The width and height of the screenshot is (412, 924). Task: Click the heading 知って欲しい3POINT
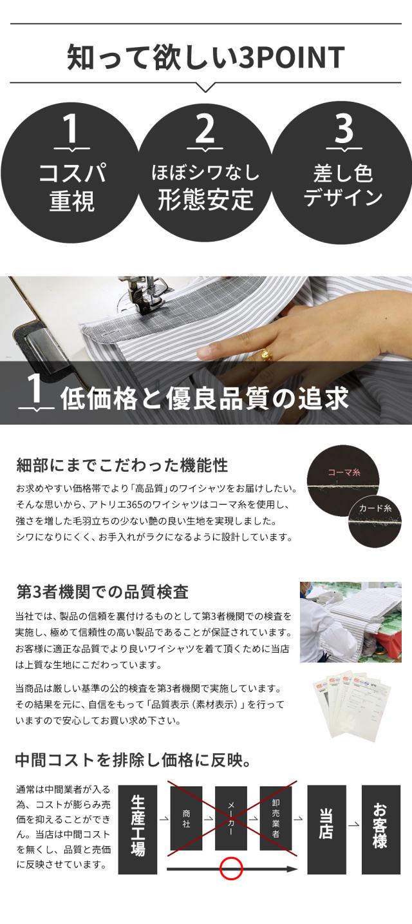(205, 57)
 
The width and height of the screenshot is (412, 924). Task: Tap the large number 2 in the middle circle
(205, 129)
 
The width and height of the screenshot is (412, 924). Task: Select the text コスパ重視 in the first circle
(72, 187)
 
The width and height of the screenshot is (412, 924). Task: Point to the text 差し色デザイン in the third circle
(342, 186)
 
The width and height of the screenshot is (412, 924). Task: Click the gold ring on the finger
(266, 354)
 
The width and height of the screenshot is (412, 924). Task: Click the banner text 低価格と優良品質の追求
(204, 398)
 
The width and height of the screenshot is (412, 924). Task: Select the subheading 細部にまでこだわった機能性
(122, 465)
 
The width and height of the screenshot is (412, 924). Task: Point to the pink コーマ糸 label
(344, 472)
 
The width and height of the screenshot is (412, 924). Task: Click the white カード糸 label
(375, 508)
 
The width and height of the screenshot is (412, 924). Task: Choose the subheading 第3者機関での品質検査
(102, 592)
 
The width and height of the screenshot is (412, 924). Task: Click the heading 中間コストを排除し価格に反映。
(133, 760)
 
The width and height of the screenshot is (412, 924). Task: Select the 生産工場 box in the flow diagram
(138, 829)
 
